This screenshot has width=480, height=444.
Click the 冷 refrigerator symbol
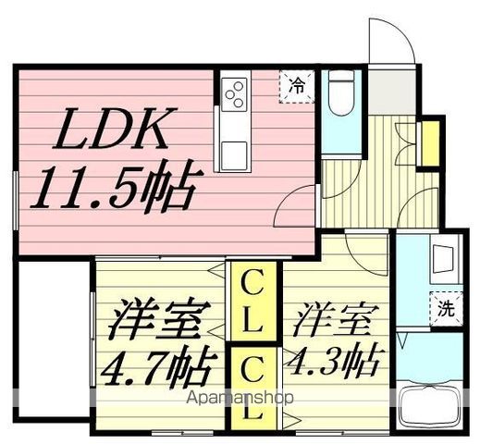[x=298, y=85]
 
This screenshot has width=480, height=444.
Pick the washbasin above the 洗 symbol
[x=444, y=256]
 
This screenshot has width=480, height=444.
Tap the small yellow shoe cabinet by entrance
[x=429, y=143]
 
